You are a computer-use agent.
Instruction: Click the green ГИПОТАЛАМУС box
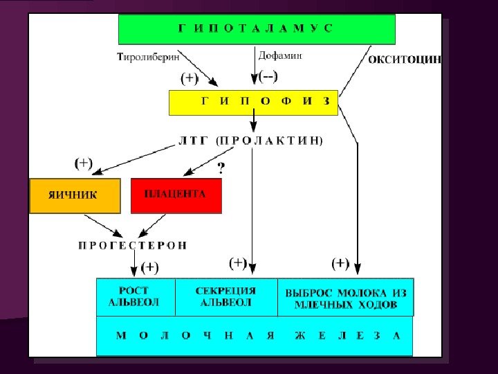point(257,28)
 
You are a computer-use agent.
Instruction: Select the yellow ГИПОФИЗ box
point(253,102)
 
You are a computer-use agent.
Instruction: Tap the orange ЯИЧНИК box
point(74,195)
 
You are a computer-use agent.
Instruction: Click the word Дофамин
point(280,55)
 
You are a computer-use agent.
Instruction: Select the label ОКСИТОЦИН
point(404,60)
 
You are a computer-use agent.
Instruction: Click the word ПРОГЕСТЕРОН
point(132,245)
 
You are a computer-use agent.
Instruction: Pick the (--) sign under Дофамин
point(268,76)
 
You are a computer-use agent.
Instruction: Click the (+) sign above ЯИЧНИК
point(83,163)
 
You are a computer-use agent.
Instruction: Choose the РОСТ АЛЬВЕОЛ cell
point(134,296)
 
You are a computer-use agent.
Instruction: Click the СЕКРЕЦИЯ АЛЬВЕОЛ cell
point(226,296)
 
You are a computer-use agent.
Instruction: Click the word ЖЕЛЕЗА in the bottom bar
point(347,336)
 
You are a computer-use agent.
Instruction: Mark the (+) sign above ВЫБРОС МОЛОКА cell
point(340,263)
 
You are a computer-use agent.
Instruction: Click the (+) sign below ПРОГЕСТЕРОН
point(150,267)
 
